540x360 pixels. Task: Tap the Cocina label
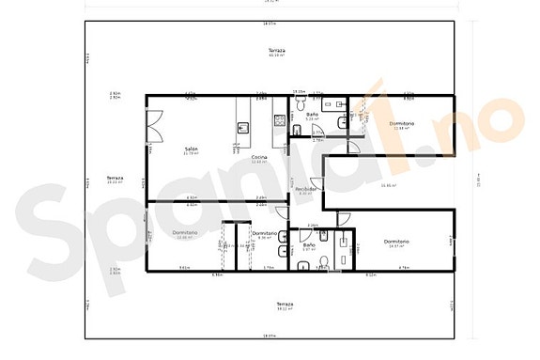[259, 156]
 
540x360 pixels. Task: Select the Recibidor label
[305, 189]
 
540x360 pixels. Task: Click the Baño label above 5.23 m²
[312, 115]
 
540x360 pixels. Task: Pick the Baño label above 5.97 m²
[309, 244]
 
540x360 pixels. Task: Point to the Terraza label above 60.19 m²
[276, 50]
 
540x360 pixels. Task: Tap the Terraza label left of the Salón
[115, 178]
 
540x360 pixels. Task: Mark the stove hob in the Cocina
[279, 119]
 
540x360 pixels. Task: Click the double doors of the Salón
[154, 128]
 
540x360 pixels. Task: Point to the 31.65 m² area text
[388, 185]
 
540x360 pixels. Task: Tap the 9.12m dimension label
[370, 275]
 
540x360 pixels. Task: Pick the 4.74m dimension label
[404, 268]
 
